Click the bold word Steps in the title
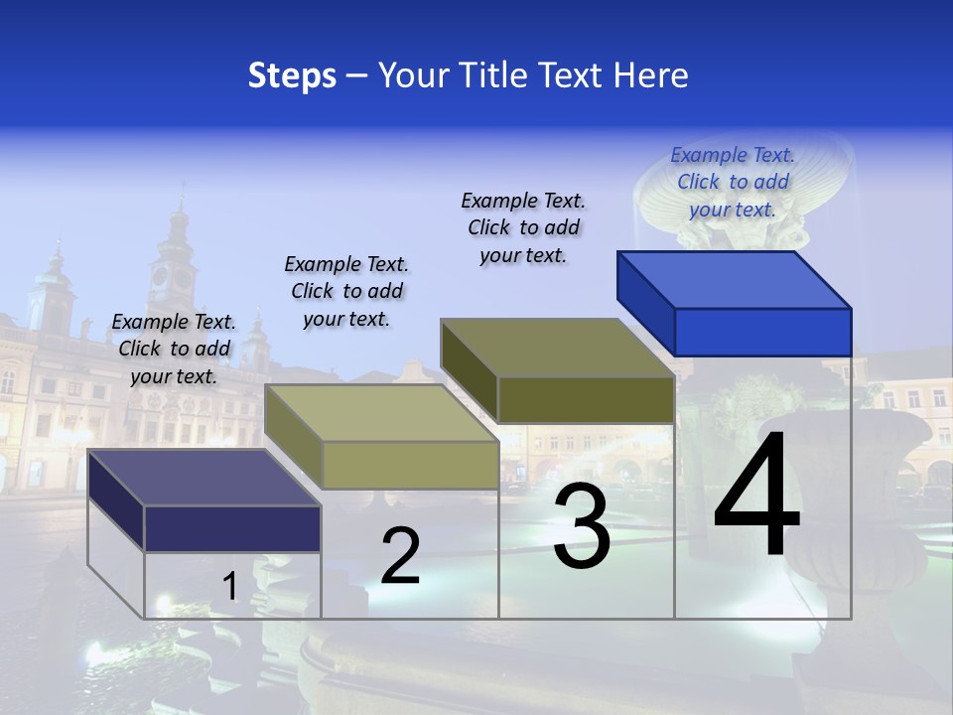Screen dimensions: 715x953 pos(292,75)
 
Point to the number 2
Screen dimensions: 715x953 pos(400,556)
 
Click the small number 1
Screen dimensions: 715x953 pos(229,587)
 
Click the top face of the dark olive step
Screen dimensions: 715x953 pos(558,348)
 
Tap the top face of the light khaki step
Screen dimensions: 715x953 pos(381,413)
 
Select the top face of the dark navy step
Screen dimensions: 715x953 pos(204,478)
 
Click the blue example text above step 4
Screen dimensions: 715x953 pos(733,182)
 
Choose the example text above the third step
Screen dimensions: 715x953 pos(523,227)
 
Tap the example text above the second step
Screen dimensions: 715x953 pos(346,291)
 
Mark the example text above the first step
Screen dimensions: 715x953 pos(174,349)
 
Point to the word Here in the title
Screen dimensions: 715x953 pos(650,75)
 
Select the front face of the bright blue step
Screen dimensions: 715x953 pos(762,332)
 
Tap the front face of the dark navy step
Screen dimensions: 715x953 pos(232,528)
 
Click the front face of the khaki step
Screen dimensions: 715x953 pos(410,465)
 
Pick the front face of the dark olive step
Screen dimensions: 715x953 pos(586,399)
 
